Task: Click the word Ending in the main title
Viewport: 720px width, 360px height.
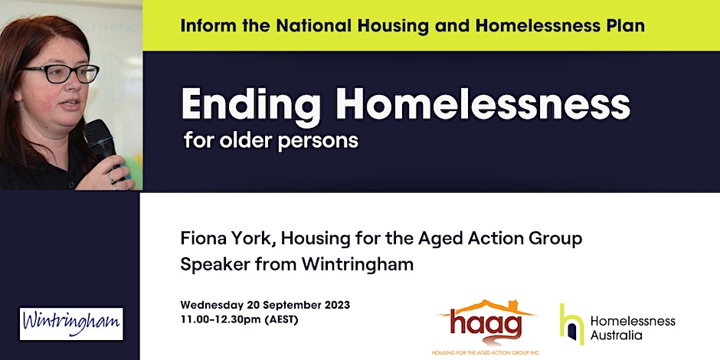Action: point(250,106)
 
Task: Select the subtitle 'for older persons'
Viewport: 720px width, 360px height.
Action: point(270,141)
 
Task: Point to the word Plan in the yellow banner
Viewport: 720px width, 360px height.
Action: point(628,26)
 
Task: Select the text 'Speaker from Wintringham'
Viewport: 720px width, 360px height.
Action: point(296,265)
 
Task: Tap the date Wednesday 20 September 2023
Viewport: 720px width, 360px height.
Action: point(265,305)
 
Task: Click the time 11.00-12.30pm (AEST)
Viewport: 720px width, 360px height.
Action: point(239,319)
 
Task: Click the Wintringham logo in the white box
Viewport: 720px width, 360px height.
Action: point(71,324)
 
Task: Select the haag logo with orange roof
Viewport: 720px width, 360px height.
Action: point(486,322)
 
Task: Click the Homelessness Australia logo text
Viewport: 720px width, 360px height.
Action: point(633,329)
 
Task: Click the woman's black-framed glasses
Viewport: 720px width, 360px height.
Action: point(61,74)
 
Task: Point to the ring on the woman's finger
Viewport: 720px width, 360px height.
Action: point(110,176)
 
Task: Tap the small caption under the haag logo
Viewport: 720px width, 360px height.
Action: point(486,352)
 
